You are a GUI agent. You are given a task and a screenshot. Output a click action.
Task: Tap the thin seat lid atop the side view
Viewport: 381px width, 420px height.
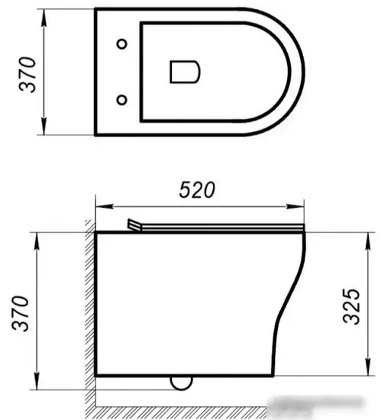(x=221, y=228)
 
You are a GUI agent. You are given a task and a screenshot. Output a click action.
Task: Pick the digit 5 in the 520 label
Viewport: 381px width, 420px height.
(x=183, y=189)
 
